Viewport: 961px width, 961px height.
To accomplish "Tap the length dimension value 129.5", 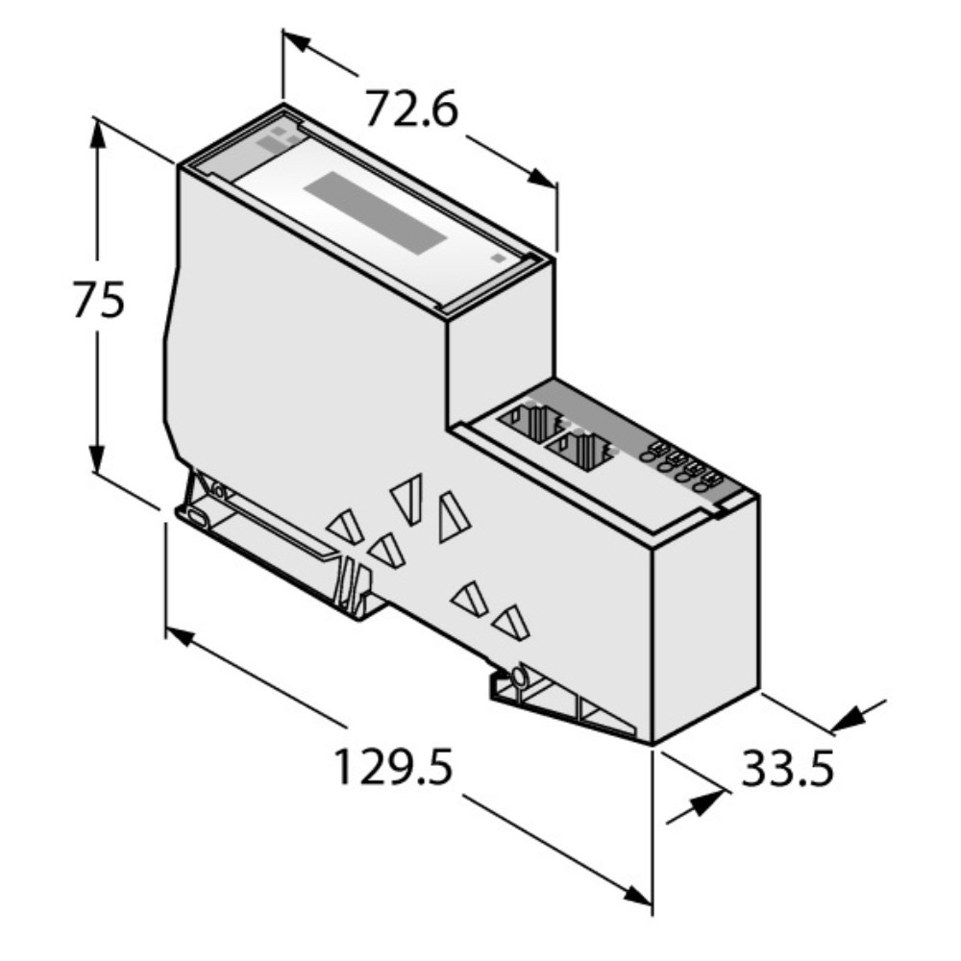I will point(392,768).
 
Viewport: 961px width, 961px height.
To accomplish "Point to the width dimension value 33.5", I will point(786,768).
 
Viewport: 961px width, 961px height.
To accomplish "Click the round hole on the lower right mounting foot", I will point(519,678).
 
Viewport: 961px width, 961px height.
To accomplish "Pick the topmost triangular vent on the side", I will point(407,499).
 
